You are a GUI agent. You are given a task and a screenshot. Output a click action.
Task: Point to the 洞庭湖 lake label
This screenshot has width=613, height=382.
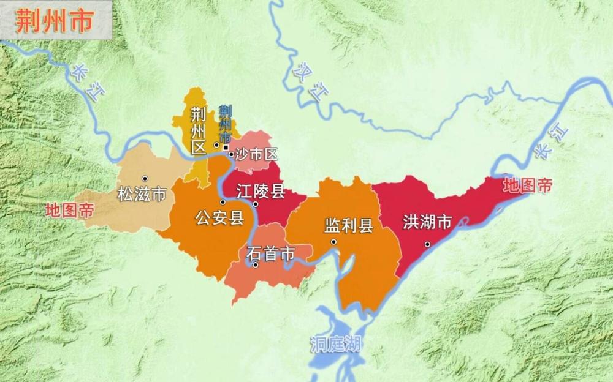point(335,345)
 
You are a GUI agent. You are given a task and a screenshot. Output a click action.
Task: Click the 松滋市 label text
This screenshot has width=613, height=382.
point(142,195)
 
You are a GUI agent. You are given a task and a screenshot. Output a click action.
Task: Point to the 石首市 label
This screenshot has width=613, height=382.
point(270,252)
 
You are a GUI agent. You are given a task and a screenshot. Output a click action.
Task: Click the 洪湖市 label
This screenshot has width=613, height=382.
point(427,222)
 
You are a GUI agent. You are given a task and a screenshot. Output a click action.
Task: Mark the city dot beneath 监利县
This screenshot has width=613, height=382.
point(334,242)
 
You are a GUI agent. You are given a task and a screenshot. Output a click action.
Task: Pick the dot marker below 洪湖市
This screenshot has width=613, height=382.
point(428,244)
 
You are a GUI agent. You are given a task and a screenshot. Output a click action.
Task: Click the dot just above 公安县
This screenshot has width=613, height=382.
point(223,202)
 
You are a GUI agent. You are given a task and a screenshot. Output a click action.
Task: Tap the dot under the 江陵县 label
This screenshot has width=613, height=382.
point(256,204)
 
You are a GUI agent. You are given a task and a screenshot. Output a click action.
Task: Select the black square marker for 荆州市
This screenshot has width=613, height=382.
point(226,148)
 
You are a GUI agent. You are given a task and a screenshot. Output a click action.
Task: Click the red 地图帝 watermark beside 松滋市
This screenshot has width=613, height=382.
point(69,210)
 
